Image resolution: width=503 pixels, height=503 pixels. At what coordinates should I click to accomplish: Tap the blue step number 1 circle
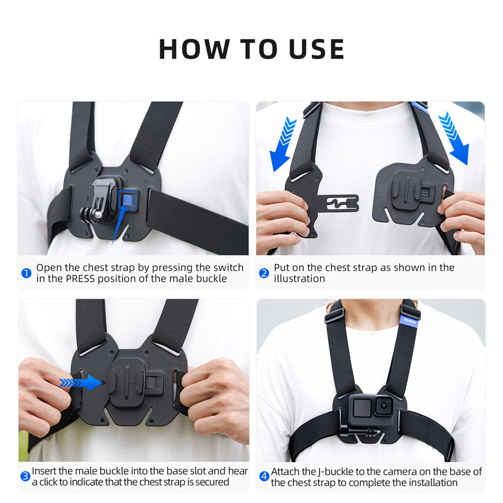tap(26, 273)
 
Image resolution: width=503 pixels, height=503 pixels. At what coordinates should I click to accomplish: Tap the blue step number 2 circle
tap(264, 273)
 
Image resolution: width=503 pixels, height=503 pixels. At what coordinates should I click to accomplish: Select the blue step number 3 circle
tap(25, 477)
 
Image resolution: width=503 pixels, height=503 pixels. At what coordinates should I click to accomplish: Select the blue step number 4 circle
tap(264, 477)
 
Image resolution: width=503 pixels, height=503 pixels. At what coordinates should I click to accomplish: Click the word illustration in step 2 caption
tap(299, 279)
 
